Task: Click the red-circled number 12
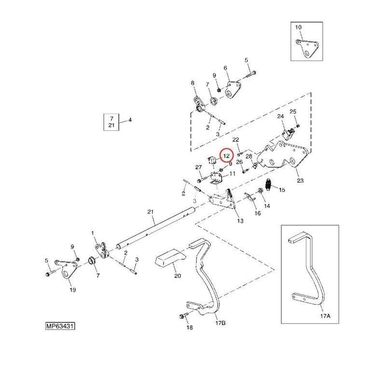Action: pos(226,155)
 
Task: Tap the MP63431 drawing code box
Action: pos(60,326)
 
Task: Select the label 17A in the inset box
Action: pos(325,316)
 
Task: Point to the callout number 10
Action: pos(298,27)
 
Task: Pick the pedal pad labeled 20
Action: pos(170,259)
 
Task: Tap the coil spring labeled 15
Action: pos(269,185)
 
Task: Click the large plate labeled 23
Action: pos(282,155)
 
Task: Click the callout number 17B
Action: pos(220,323)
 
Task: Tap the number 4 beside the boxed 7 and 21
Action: pos(130,120)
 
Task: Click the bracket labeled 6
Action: pos(233,90)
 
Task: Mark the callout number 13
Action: pos(240,221)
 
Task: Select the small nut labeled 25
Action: pos(298,126)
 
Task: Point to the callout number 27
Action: pos(198,167)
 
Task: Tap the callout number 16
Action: pos(258,213)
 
